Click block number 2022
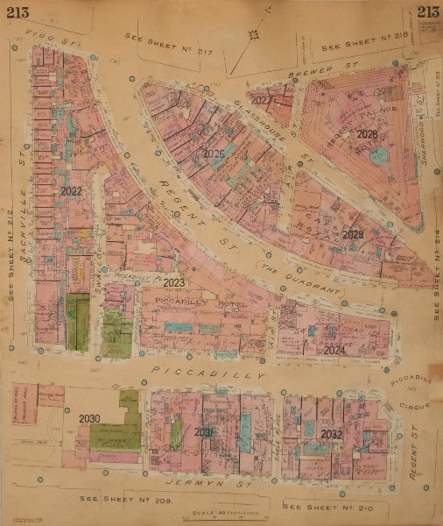point(72,190)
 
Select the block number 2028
point(367,134)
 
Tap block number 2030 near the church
point(89,418)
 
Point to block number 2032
point(331,434)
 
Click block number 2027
point(261,101)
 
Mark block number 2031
point(204,432)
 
